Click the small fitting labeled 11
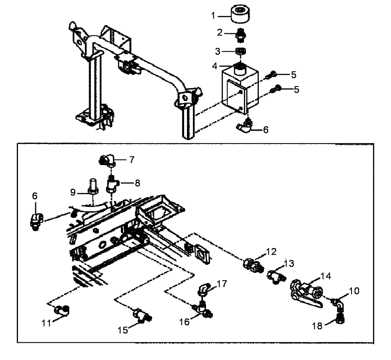click(61, 310)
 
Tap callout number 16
click(185, 322)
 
